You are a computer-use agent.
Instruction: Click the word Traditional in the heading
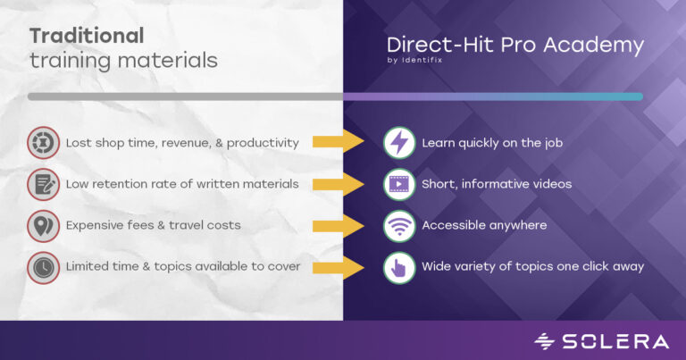click(87, 36)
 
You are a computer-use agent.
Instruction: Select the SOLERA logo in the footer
click(600, 340)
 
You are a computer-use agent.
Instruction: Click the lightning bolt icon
click(398, 143)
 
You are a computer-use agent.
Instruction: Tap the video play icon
click(398, 184)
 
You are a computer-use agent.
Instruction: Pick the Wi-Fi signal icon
click(398, 225)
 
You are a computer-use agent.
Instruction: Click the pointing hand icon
click(398, 266)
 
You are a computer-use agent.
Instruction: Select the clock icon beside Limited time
click(43, 266)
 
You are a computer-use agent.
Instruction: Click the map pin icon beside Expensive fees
click(43, 225)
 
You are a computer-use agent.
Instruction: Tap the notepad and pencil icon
click(43, 184)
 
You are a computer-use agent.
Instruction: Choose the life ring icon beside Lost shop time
click(43, 143)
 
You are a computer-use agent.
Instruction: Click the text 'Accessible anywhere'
click(484, 225)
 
